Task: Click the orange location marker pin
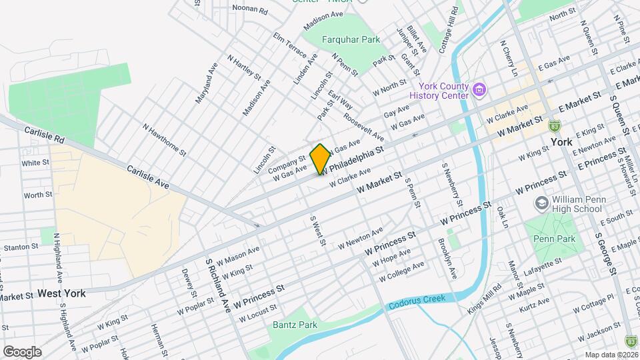320,159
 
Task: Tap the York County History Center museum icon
478,89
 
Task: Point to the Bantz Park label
294,325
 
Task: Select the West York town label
61,293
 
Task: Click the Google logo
22,352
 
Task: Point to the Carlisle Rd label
43,135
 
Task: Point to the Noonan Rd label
250,9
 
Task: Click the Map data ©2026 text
611,355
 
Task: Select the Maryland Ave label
207,83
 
